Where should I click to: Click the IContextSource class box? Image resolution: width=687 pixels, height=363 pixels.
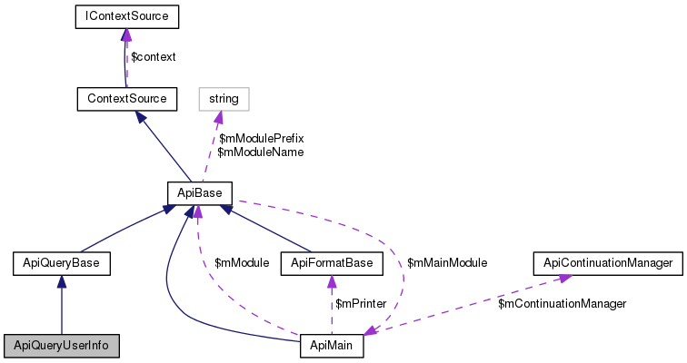point(126,16)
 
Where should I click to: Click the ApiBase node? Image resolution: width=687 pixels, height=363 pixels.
point(200,192)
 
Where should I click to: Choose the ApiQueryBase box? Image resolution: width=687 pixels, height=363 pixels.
point(61,263)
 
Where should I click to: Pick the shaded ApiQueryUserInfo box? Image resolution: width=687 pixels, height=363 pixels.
point(61,346)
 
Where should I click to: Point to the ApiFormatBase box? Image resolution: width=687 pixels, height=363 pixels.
point(332,263)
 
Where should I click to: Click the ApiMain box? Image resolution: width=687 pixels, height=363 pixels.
point(332,346)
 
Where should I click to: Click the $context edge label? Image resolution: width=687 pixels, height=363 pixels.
point(154,56)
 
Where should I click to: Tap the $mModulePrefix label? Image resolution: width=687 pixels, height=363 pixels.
point(261,138)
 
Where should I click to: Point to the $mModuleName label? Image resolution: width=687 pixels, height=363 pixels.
point(260,152)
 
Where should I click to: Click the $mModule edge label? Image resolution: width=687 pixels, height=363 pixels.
point(241,263)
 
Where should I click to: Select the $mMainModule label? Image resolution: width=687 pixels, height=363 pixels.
point(447,263)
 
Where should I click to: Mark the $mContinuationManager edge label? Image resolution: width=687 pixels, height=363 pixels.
point(562,303)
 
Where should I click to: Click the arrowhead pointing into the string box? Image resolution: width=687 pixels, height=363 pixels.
point(219,114)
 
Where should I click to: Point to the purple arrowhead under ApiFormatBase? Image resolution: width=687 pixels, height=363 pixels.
point(332,282)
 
